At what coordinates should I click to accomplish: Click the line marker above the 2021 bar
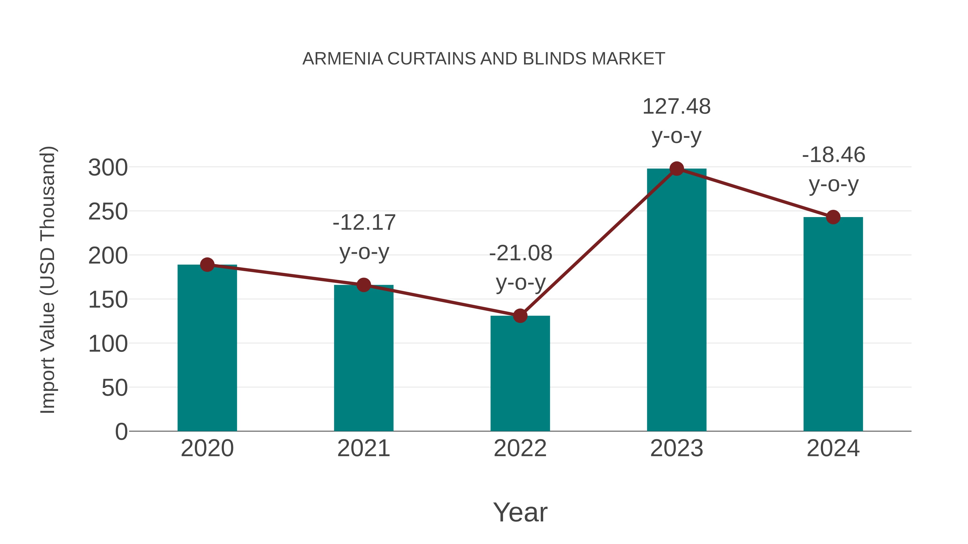coord(363,285)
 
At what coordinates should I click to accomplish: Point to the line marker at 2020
coord(207,265)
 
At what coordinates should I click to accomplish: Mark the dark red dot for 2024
coord(833,217)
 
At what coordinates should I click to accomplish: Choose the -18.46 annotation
coord(834,155)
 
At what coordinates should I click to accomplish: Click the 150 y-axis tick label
coord(108,300)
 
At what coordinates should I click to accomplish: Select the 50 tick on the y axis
coord(114,388)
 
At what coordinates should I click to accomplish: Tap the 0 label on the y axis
coord(121,431)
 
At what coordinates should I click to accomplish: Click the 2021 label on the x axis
coord(363,448)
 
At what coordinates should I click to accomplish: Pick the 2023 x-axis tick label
coord(677,448)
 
